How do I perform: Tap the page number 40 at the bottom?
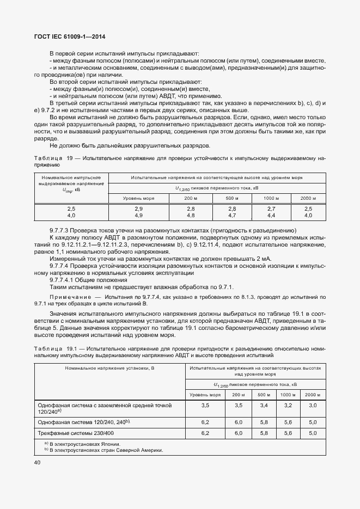click(x=38, y=463)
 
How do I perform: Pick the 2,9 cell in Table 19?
click(x=138, y=209)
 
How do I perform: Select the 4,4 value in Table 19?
click(x=271, y=216)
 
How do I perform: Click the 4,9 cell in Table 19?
click(x=138, y=216)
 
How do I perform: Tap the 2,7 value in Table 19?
click(x=271, y=209)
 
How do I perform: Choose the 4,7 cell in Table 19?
click(x=232, y=216)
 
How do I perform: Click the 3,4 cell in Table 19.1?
click(x=263, y=406)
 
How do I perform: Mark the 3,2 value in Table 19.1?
click(x=288, y=406)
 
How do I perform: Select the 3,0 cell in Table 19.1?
click(x=313, y=406)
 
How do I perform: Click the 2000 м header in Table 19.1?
click(x=313, y=394)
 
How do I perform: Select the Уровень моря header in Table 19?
click(x=138, y=198)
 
